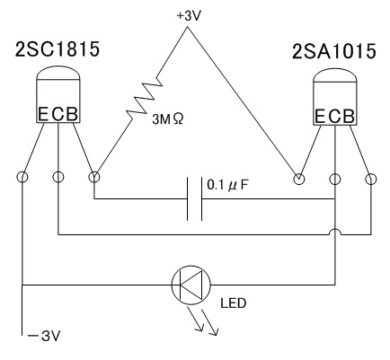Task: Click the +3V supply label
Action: tap(188, 16)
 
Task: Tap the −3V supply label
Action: tap(44, 336)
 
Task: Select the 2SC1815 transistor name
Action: tap(57, 49)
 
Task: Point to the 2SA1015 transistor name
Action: tap(333, 51)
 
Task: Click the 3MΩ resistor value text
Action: tap(168, 119)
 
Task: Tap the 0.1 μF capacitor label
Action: tap(227, 186)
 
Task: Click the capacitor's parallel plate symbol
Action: tap(195, 198)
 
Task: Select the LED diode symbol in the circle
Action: tap(191, 285)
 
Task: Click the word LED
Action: tap(234, 303)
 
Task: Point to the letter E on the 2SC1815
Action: tap(43, 114)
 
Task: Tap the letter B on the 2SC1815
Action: tap(71, 114)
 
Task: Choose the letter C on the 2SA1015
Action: tap(335, 117)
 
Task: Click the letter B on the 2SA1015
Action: tap(349, 117)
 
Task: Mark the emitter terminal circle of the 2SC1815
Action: tap(22, 177)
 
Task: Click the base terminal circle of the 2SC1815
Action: tap(94, 177)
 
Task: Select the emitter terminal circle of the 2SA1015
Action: tap(298, 180)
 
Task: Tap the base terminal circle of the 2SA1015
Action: tap(371, 180)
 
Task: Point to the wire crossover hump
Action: tap(335, 230)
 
